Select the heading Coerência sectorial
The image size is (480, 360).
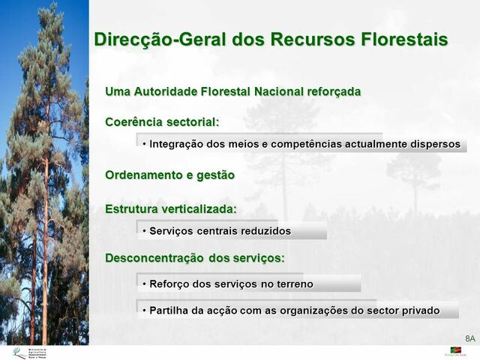pyautogui.click(x=162, y=121)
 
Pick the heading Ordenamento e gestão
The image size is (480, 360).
pyautogui.click(x=169, y=175)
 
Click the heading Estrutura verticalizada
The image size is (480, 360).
pyautogui.click(x=170, y=208)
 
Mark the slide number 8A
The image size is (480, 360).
pyautogui.click(x=470, y=338)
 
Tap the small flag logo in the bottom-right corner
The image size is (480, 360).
pyautogui.click(x=455, y=350)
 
